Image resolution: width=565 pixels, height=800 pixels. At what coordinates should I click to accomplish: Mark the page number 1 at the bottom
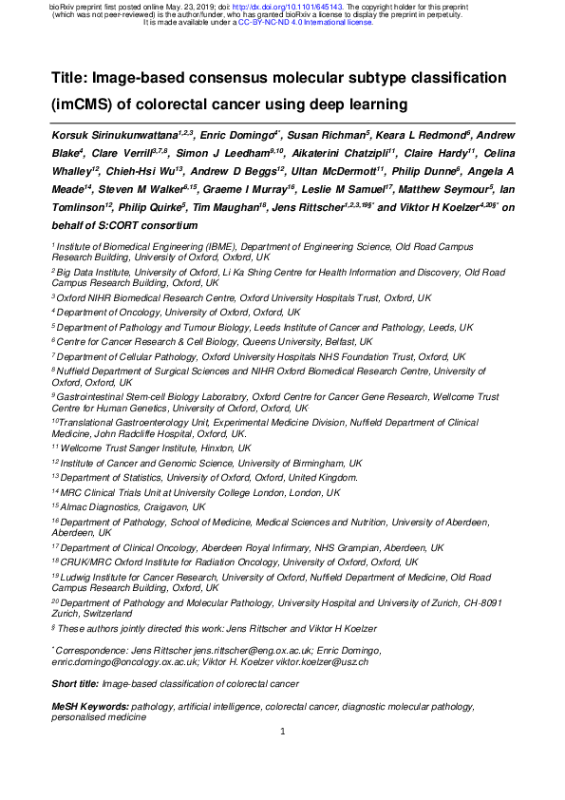pos(283,757)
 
